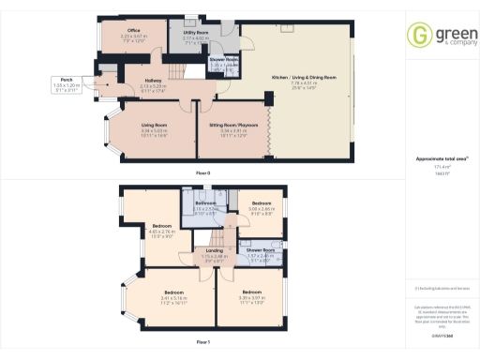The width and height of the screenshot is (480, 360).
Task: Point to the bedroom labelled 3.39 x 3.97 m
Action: point(244,298)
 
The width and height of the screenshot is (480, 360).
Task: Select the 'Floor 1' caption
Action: point(202,341)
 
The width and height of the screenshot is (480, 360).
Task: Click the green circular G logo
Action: point(417,36)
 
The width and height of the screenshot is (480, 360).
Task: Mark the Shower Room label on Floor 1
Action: point(260,251)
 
